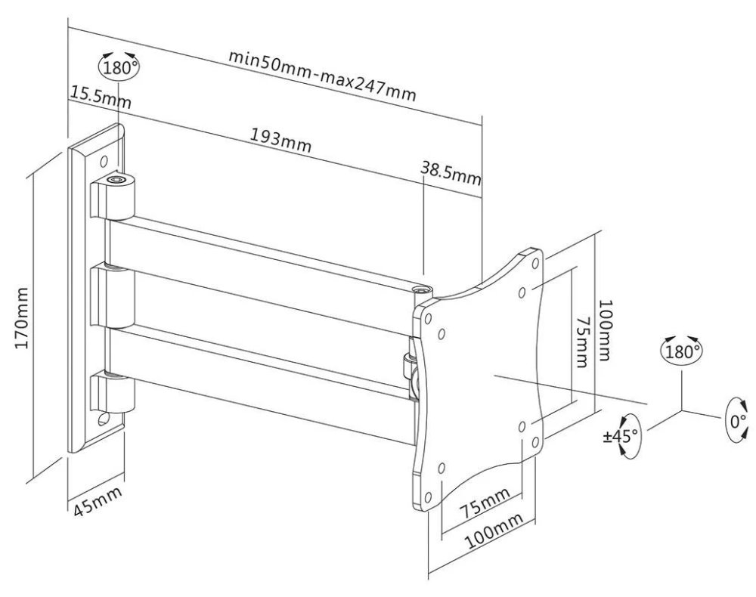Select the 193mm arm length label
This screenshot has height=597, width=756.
[x=280, y=140]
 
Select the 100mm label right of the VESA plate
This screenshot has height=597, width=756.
[x=606, y=332]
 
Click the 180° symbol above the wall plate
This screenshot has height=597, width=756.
[x=119, y=66]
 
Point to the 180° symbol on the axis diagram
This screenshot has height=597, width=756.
[x=681, y=351]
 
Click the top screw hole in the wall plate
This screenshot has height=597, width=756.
[x=105, y=160]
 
